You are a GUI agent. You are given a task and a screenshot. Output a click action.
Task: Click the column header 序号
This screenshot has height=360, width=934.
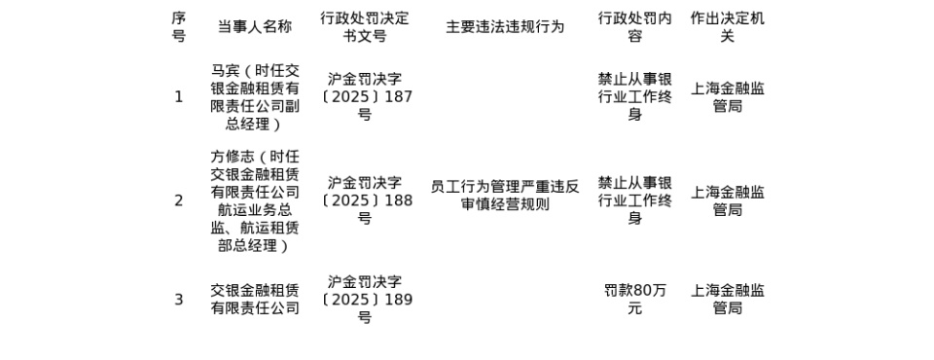point(178,27)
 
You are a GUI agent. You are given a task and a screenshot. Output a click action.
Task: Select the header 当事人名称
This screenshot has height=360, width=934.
point(254,27)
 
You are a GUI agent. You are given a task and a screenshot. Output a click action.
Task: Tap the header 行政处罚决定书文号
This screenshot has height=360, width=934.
point(365,27)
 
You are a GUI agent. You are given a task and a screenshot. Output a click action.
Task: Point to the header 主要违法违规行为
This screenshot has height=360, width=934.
point(505,27)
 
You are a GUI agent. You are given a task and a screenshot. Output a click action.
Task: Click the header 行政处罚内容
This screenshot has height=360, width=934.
point(634,27)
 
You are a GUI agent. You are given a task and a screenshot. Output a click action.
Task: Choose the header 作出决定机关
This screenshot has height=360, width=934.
point(727,27)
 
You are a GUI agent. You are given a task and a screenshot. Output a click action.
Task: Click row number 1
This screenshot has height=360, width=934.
point(178,97)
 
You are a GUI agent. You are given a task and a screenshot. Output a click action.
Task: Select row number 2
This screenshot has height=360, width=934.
point(178,200)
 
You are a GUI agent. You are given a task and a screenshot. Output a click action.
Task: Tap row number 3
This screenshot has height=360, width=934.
point(178,300)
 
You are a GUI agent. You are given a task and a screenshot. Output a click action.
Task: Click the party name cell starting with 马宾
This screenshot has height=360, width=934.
point(254,97)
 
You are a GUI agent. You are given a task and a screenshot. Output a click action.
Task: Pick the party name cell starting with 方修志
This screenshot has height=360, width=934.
point(254,200)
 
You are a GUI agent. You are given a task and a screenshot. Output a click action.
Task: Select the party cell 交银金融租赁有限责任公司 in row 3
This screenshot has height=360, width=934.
point(254,300)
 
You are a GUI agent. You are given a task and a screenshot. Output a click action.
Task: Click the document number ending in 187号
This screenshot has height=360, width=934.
point(365,97)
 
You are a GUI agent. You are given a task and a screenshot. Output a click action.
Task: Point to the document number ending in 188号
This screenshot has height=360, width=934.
point(365,200)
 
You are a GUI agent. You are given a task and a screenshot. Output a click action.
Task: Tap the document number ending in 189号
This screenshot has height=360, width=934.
point(365,300)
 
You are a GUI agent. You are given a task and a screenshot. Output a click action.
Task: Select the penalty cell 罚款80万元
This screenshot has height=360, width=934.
point(634,300)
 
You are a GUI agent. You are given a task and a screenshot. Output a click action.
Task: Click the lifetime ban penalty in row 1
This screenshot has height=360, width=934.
point(634,97)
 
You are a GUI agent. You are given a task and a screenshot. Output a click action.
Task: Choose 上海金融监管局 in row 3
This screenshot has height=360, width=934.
point(727,300)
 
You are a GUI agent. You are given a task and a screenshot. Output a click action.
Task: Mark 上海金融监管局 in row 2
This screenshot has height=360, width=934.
point(727,200)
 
